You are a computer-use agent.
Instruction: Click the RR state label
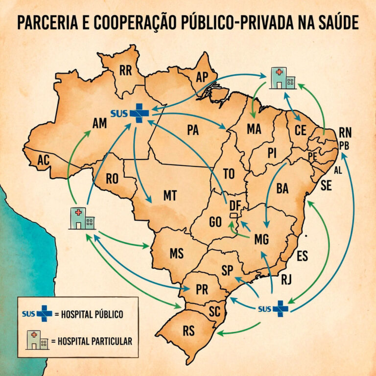125,71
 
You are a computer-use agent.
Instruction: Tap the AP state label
202,77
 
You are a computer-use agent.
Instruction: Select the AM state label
99,123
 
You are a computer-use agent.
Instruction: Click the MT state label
169,196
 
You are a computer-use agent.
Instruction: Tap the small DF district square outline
235,215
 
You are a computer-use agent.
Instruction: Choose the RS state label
188,331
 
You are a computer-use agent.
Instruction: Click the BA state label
282,188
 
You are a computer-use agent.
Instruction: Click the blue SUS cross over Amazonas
139,113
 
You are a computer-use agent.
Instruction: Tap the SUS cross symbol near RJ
281,308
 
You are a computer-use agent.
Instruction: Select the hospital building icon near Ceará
282,78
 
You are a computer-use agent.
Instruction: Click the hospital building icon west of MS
82,218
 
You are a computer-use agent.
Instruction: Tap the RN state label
345,133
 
